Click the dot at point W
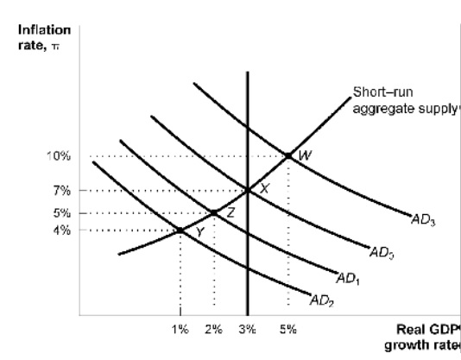[x=288, y=155]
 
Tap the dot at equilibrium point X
[x=248, y=190]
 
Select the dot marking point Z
[x=214, y=212]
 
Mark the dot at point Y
[x=180, y=230]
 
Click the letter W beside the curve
[x=304, y=156]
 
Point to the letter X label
[x=265, y=189]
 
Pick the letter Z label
[x=230, y=212]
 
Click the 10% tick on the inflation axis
[x=59, y=156]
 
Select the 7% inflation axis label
[x=61, y=190]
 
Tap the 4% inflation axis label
[x=61, y=230]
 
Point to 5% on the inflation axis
[x=61, y=212]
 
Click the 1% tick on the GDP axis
[x=180, y=328]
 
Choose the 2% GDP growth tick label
[x=213, y=328]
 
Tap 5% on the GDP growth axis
[x=287, y=328]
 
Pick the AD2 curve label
[x=320, y=300]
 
